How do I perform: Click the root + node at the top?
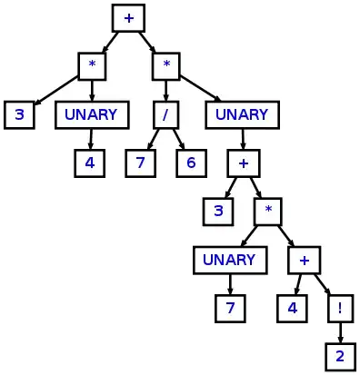pos(128,17)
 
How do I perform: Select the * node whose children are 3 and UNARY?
pos(92,66)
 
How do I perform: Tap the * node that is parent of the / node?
pos(165,66)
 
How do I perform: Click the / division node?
pos(165,115)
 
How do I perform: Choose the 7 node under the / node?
pos(141,163)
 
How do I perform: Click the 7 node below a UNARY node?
pos(230,308)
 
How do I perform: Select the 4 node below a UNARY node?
pos(90,163)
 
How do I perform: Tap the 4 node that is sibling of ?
pos(292,308)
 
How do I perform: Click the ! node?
pos(340,308)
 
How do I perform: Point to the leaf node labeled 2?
pos(340,356)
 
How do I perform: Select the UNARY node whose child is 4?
pos(90,115)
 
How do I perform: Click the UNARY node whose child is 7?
pos(230,260)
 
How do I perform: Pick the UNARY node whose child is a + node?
pos(242,115)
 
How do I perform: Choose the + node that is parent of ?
pos(304,260)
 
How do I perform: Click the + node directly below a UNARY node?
pos(243,163)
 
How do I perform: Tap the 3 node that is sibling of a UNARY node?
pos(19,115)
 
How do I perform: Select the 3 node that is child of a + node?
pos(217,212)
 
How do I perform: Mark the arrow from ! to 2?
pos(340,331)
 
